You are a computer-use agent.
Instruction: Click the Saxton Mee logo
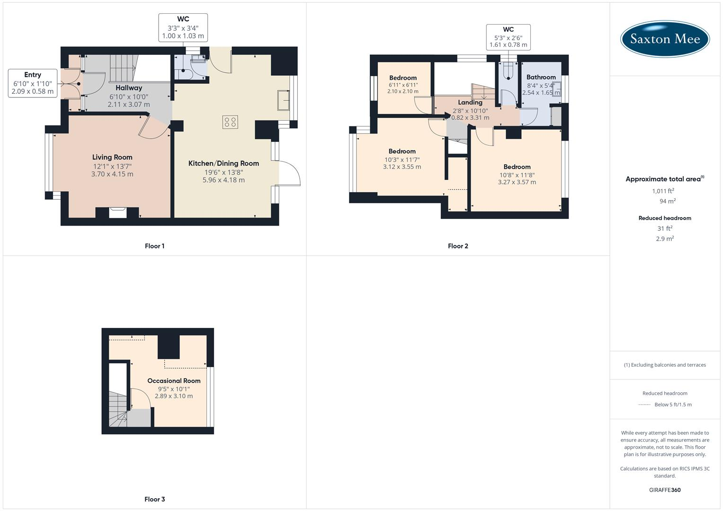point(665,39)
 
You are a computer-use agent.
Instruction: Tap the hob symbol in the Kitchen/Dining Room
point(230,122)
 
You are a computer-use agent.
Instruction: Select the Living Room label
point(112,157)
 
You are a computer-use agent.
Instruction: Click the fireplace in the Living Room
point(117,212)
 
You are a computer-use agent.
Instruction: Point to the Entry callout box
point(33,83)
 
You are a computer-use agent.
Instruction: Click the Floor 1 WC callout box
point(183,27)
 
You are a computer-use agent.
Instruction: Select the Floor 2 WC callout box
point(508,37)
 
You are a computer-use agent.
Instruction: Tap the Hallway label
point(129,88)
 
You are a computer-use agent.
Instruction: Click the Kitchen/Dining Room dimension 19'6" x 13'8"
point(223,172)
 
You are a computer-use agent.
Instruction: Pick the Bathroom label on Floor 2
point(541,77)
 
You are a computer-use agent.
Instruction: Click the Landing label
point(470,102)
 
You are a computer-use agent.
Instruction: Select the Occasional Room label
point(174,380)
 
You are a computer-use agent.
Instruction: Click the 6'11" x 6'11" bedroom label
point(403,85)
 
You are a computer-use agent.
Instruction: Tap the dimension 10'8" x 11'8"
point(517,175)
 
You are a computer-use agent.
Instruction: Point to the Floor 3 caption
point(154,499)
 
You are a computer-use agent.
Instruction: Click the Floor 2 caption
point(458,246)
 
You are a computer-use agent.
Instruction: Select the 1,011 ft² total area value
point(663,191)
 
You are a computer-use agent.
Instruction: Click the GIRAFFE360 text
point(665,490)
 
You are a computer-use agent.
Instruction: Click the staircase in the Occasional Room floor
point(118,410)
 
